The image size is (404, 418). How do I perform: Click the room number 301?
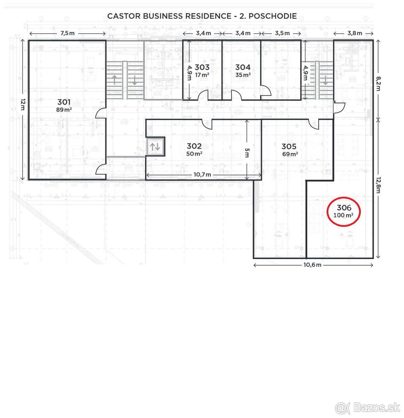pos(64,102)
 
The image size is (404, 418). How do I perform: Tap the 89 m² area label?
pos(64,110)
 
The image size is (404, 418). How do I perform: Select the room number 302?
pos(194,146)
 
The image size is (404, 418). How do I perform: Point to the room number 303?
pos(202,67)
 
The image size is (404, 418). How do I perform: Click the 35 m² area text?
pos(243,75)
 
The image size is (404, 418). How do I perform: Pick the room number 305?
pos(289,146)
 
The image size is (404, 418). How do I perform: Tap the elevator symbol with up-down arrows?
pos(155,147)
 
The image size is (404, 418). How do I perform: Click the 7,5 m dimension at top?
pos(68,33)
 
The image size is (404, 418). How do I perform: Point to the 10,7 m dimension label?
pos(202,175)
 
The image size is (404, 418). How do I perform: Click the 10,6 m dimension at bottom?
pos(312,265)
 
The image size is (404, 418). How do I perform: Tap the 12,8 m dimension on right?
pos(378,185)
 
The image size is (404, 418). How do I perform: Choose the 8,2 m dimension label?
pos(378,84)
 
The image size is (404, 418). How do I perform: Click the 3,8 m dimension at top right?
pos(355,33)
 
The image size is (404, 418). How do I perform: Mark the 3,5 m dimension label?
pos(282,33)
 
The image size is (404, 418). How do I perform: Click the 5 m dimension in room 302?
pos(247,152)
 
